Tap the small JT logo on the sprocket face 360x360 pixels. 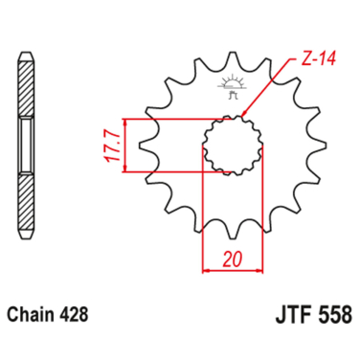tap(230, 88)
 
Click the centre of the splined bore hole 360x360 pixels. tap(230, 146)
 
